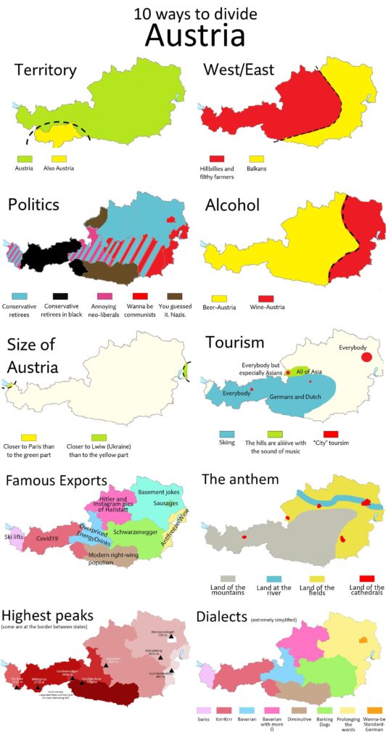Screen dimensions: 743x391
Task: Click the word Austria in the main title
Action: pos(194,35)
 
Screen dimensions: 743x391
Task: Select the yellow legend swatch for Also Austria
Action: pos(59,157)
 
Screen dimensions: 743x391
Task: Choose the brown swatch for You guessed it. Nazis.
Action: pos(174,296)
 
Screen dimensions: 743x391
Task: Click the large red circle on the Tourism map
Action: pos(366,356)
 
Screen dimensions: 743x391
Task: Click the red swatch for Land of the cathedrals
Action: pos(366,578)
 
